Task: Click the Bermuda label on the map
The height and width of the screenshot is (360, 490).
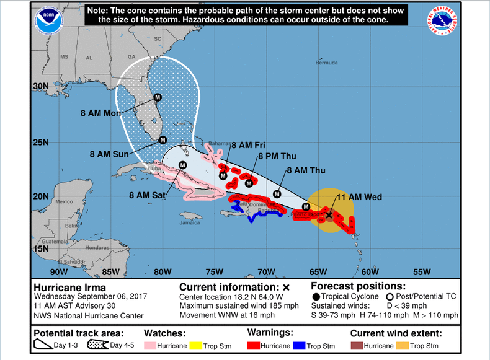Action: point(326,63)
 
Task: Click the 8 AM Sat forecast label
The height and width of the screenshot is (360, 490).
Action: point(148,195)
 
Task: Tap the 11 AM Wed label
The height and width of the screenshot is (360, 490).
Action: point(359,197)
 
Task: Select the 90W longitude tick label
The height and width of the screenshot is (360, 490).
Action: point(59,271)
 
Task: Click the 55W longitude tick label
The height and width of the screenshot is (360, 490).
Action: point(422,271)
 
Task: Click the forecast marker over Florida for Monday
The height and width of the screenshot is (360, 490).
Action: point(158,97)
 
